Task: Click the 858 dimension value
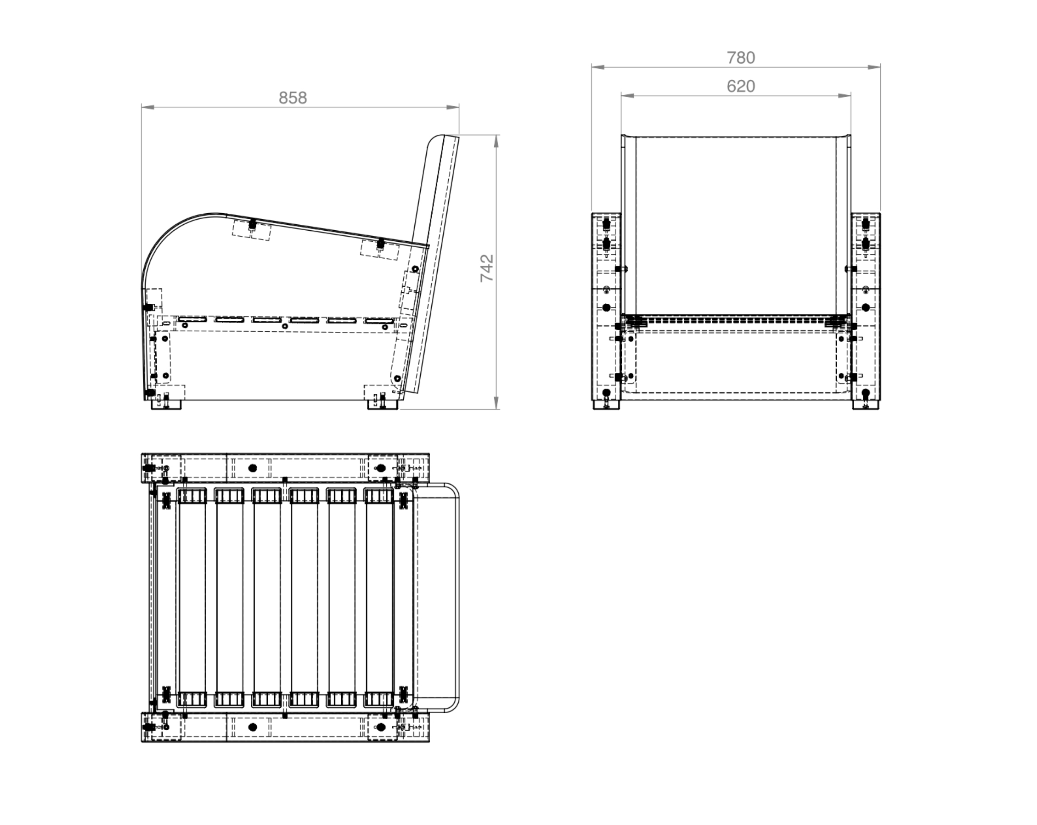292,98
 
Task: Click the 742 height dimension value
487,268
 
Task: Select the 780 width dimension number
741,58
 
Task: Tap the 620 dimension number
741,86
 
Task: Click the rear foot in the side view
383,404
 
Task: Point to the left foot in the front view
606,405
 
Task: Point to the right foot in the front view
866,405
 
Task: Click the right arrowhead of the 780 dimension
874,67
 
